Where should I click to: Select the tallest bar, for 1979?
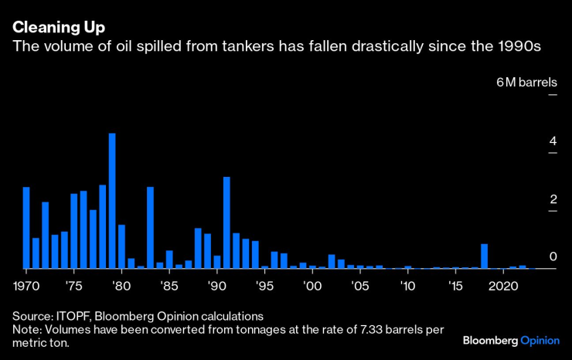112,201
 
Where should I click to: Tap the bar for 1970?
26,228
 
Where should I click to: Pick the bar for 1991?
226,222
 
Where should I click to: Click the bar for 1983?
150,228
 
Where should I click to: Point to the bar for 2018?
484,256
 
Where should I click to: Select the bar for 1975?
74,231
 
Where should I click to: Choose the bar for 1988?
198,248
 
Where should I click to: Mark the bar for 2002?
332,261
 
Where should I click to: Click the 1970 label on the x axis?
26,286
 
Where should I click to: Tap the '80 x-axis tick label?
121,286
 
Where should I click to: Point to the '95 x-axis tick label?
264,286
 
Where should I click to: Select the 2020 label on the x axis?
502,286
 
